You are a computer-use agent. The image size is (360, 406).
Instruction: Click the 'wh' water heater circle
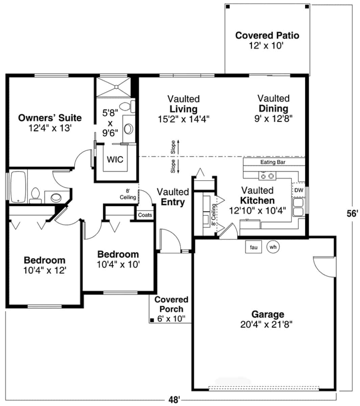(273, 247)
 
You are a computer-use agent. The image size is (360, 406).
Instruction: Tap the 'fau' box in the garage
(254, 247)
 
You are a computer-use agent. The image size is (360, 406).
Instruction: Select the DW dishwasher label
(298, 190)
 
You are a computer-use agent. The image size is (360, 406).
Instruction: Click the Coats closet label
(145, 215)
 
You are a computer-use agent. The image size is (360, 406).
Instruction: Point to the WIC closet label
(115, 159)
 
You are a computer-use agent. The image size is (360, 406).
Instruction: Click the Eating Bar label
(273, 162)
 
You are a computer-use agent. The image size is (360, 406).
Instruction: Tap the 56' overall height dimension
(352, 213)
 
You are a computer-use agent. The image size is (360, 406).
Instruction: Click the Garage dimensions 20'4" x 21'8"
(266, 325)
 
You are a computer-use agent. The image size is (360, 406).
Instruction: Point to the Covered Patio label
(267, 36)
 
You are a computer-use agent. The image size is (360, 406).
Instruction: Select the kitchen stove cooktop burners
(267, 176)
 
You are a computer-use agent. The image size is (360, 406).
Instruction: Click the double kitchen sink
(298, 207)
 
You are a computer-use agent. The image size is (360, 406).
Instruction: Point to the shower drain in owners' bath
(116, 87)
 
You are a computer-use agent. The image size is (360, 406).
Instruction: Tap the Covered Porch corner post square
(151, 320)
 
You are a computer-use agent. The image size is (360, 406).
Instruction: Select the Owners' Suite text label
(50, 118)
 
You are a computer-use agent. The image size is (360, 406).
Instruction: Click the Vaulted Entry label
(173, 197)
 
